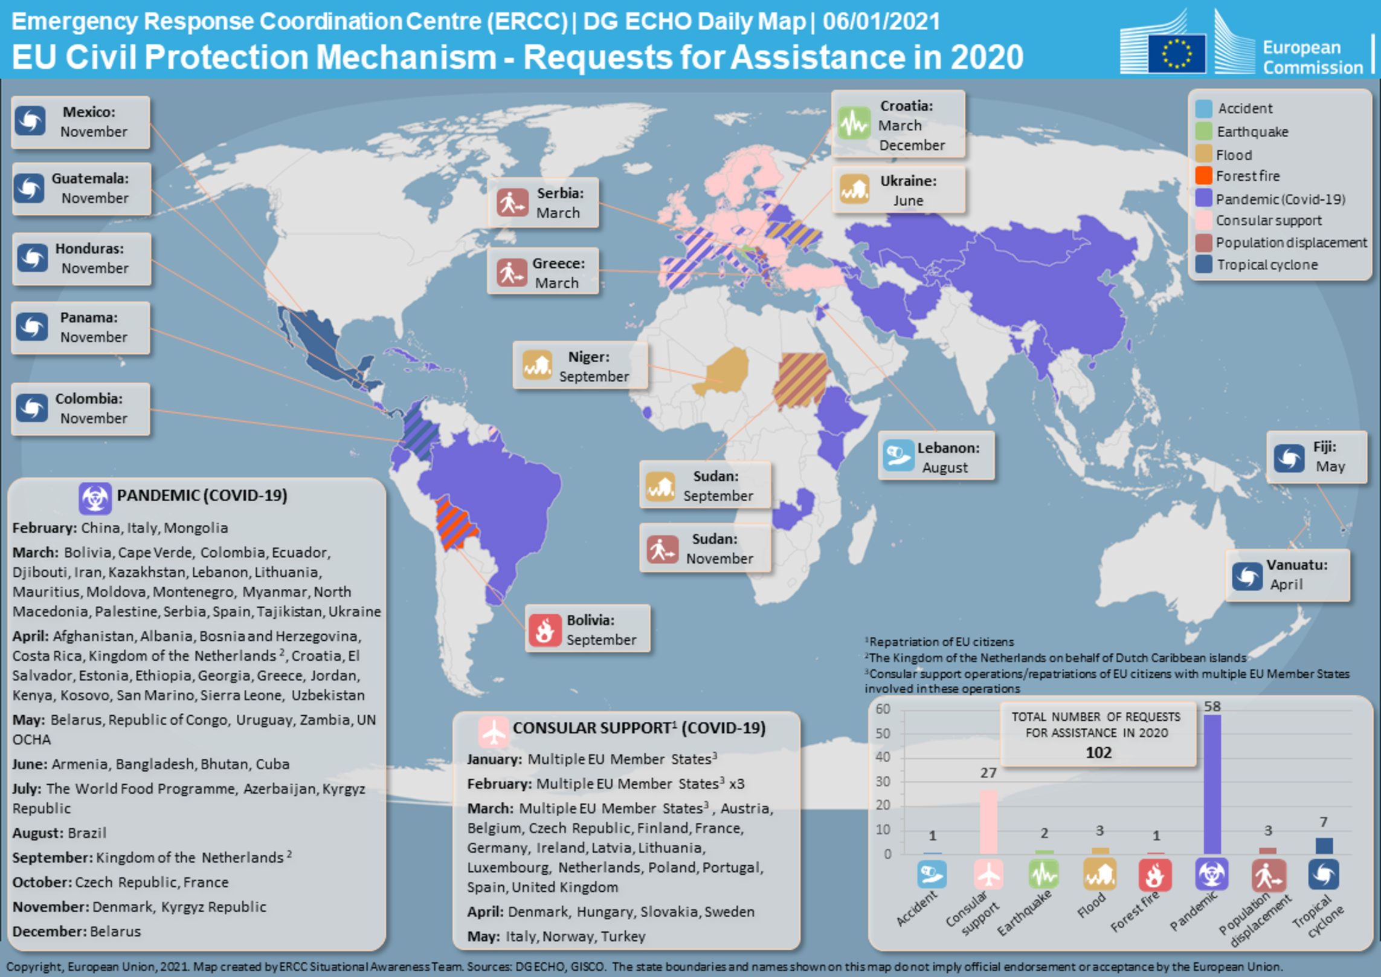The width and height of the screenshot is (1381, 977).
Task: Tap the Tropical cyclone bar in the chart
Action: (x=1324, y=845)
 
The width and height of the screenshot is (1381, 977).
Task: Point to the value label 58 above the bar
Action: (x=1212, y=706)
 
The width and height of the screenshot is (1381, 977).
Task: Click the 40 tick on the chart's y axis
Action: (x=883, y=757)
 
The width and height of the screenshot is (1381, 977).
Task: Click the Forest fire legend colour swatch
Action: (x=1203, y=176)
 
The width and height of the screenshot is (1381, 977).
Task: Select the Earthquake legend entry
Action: (x=1252, y=132)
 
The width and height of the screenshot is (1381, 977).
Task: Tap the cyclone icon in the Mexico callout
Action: (x=31, y=121)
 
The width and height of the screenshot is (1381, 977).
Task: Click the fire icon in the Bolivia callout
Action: (x=544, y=629)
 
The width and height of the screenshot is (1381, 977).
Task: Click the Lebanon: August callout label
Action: (x=947, y=457)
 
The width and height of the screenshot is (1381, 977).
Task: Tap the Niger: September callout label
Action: (x=593, y=366)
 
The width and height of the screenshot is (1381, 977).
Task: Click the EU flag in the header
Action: (x=1176, y=53)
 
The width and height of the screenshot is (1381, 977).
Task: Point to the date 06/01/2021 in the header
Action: (x=881, y=22)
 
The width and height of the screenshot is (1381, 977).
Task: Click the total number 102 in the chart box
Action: (x=1098, y=753)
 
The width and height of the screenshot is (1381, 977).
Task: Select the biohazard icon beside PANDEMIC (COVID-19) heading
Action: (x=95, y=498)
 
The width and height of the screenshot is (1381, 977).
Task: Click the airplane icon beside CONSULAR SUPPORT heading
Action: (x=494, y=731)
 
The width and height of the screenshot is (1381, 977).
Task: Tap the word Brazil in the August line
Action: (x=86, y=833)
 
